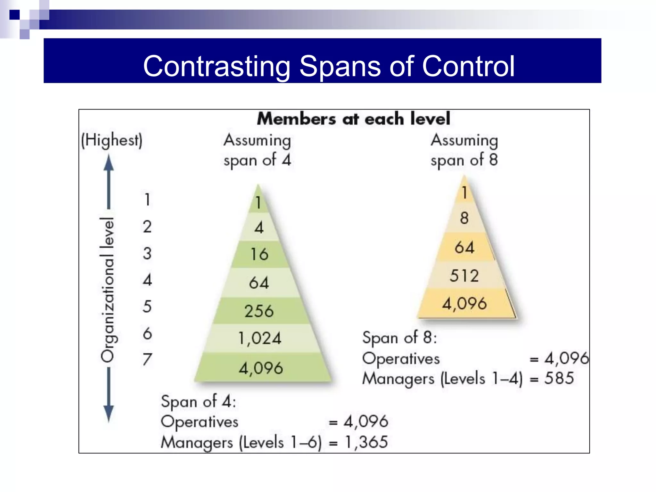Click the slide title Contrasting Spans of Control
click(x=329, y=66)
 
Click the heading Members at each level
click(x=354, y=119)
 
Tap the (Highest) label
click(x=111, y=140)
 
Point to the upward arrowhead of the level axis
click(x=109, y=163)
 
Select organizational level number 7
click(x=147, y=359)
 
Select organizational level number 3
click(x=147, y=253)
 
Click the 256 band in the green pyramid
click(x=259, y=311)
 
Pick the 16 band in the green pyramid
click(x=259, y=254)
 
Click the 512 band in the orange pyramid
click(x=464, y=275)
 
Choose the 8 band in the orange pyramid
click(x=464, y=218)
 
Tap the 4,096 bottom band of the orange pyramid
click(x=464, y=303)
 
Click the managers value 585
click(x=559, y=378)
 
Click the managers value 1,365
click(x=366, y=442)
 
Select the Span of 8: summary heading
click(x=399, y=338)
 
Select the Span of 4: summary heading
click(x=199, y=401)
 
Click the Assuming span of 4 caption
click(x=257, y=150)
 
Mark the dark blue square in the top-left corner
click(x=15, y=15)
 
